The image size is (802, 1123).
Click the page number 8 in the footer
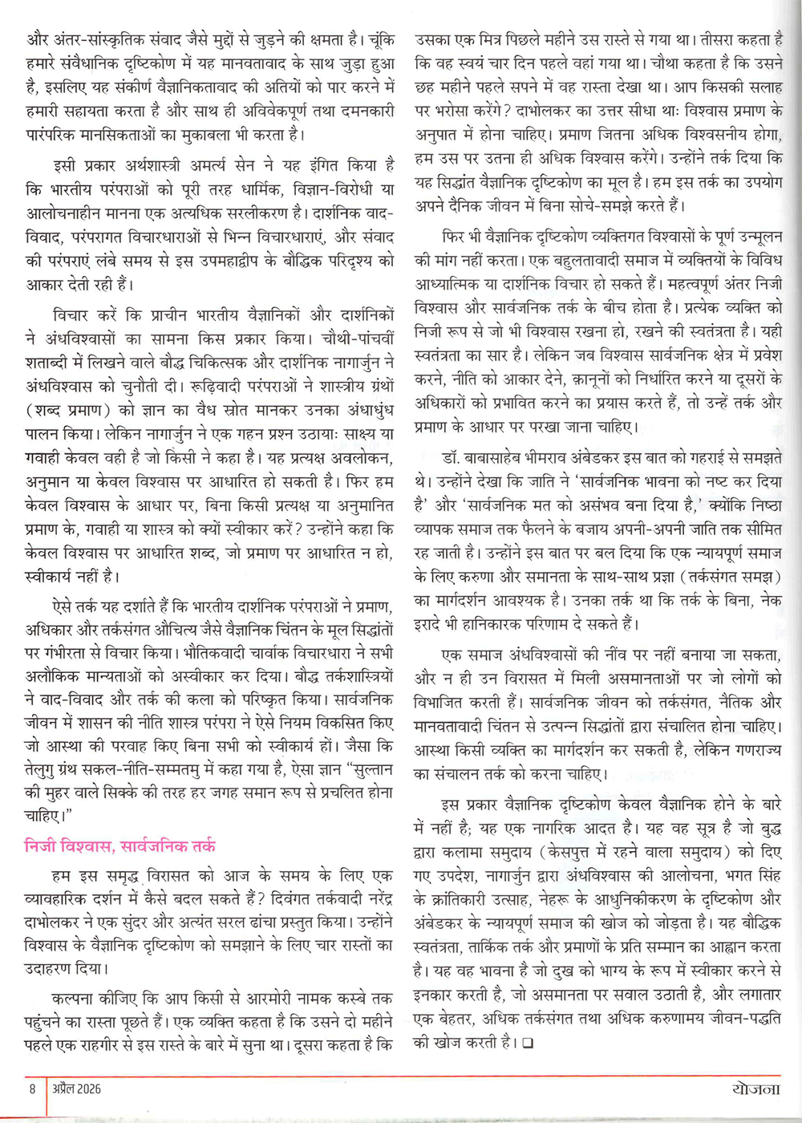[32, 1089]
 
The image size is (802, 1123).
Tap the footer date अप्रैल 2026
[77, 1089]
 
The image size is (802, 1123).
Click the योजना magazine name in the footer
[755, 1089]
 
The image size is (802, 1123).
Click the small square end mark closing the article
[527, 1044]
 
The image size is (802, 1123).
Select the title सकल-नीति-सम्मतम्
[180, 768]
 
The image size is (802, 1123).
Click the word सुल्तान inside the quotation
[370, 768]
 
